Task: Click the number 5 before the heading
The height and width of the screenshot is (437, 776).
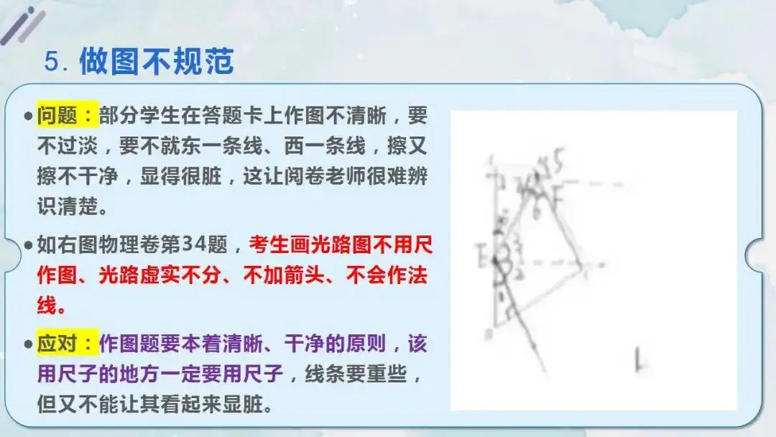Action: tap(52, 62)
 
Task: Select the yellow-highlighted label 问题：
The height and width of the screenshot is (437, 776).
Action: tap(67, 114)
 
